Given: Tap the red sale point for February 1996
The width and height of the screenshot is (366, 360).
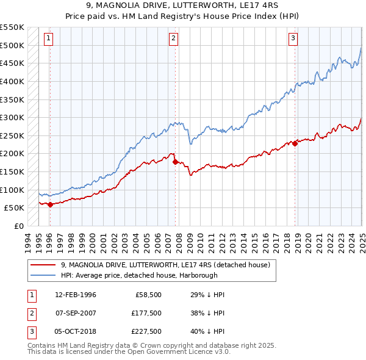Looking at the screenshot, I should tap(50, 205).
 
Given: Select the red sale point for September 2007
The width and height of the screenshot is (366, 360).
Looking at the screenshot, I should tap(175, 162).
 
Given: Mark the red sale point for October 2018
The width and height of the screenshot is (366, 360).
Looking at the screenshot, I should tap(295, 144).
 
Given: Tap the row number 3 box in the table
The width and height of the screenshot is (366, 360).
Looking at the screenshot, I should tap(30, 331).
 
